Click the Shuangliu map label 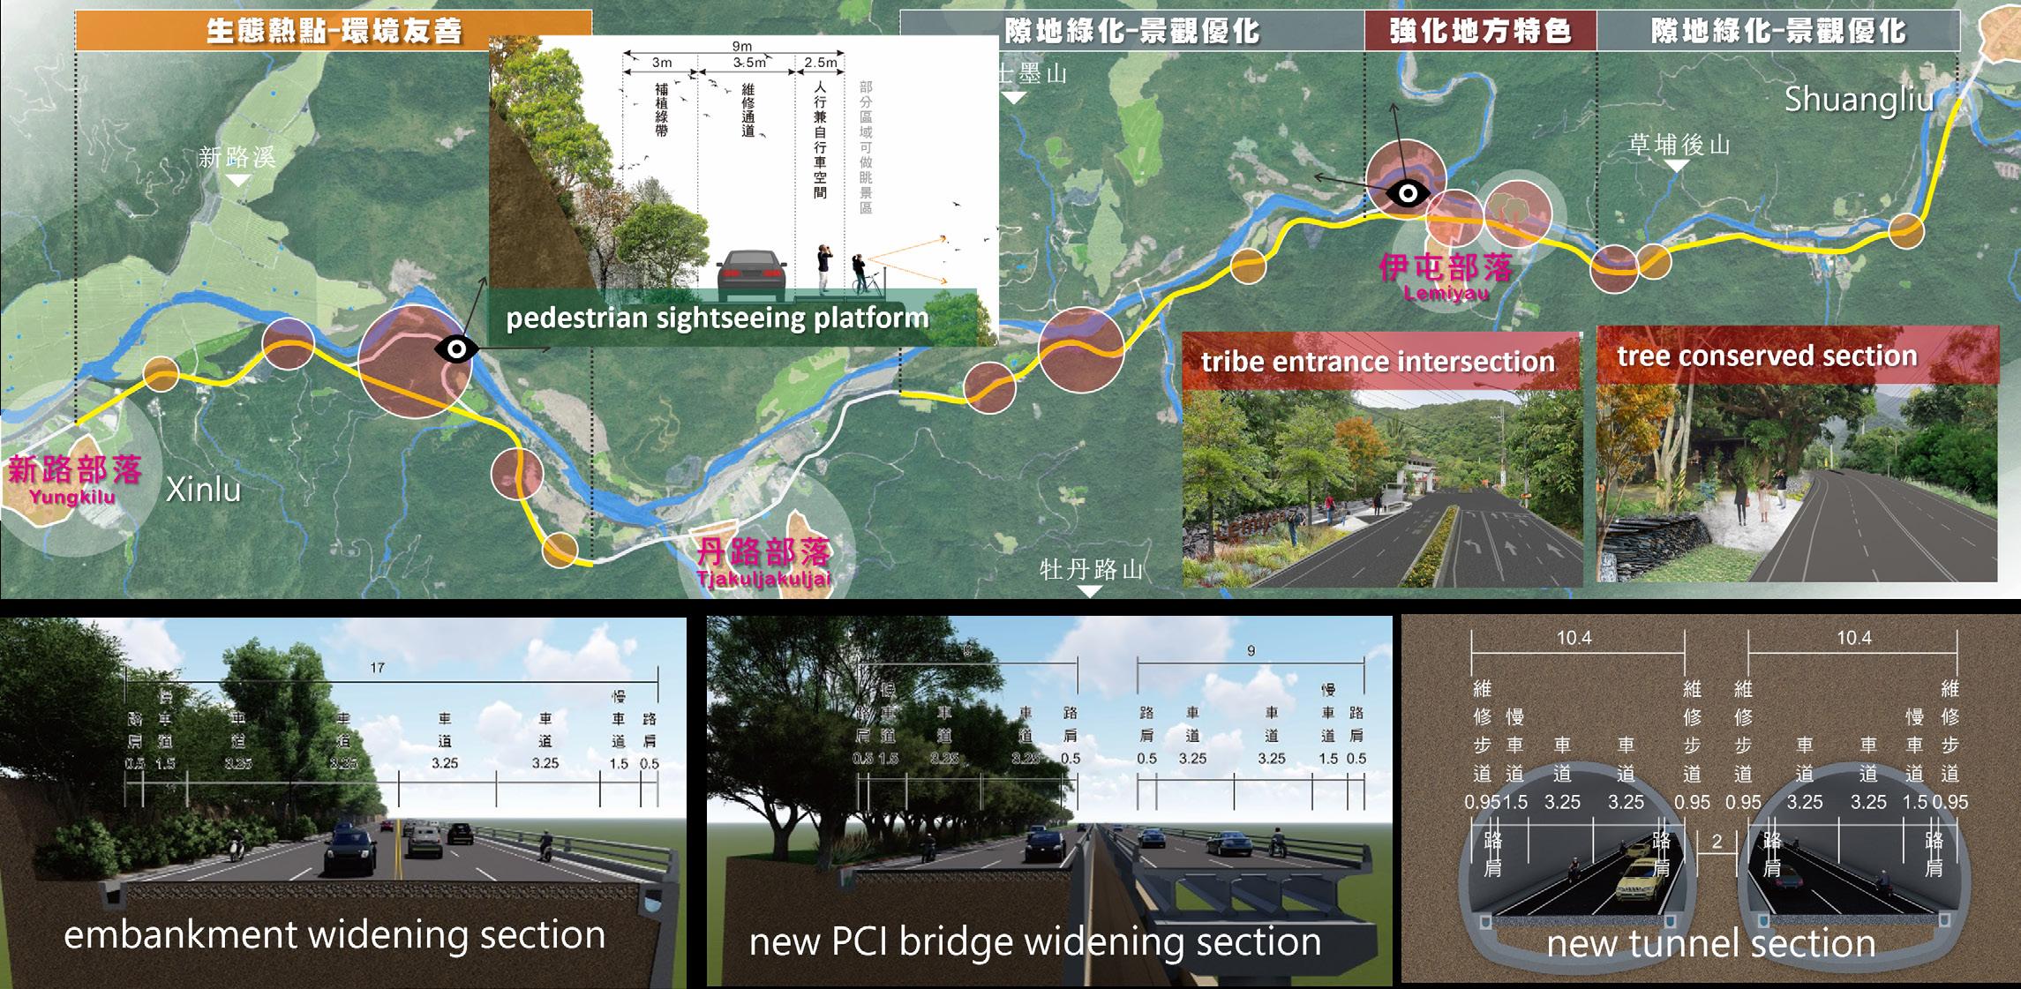click(x=1859, y=100)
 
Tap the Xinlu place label click(x=203, y=490)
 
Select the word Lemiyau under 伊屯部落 click(x=1446, y=294)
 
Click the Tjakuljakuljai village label click(x=764, y=580)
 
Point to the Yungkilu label click(x=71, y=498)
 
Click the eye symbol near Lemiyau click(x=1408, y=193)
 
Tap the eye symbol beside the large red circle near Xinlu click(x=456, y=349)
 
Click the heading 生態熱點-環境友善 click(x=334, y=32)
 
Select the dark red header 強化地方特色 click(x=1480, y=32)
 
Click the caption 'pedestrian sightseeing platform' click(x=717, y=318)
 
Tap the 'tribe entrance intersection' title click(x=1377, y=362)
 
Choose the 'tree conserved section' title click(x=1767, y=356)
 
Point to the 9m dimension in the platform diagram click(x=741, y=46)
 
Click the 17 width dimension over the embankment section click(x=378, y=668)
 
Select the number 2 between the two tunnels click(x=1717, y=842)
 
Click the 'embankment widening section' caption click(x=334, y=935)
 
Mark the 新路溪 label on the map click(x=237, y=158)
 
